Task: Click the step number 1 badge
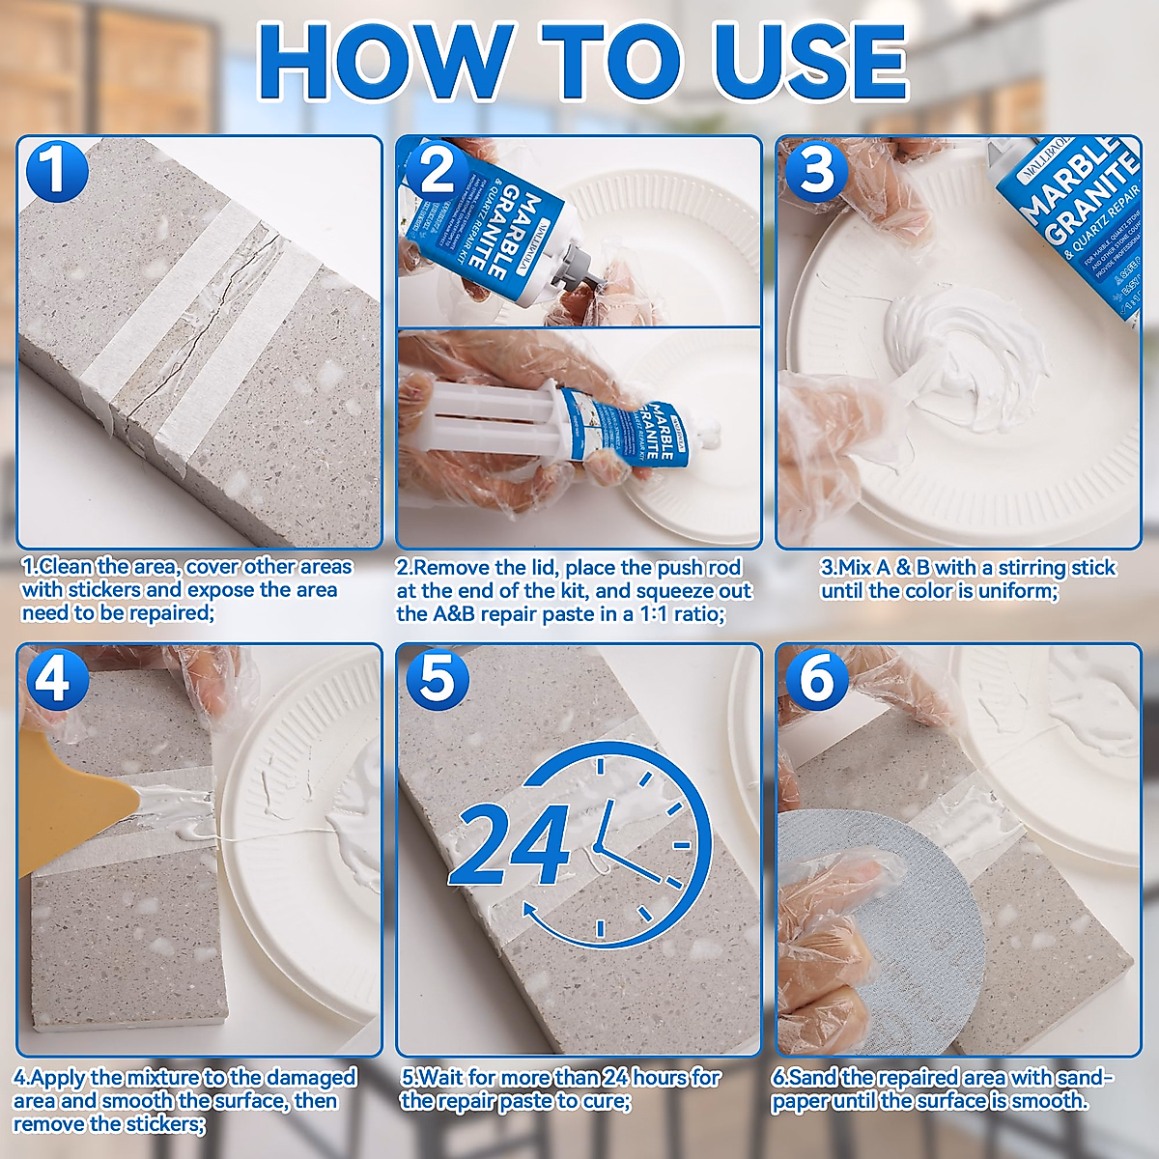point(56,171)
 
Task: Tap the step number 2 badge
point(437,171)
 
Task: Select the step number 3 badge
point(817,171)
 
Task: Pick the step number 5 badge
point(437,679)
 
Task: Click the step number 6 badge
point(817,679)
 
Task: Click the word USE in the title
point(809,60)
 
